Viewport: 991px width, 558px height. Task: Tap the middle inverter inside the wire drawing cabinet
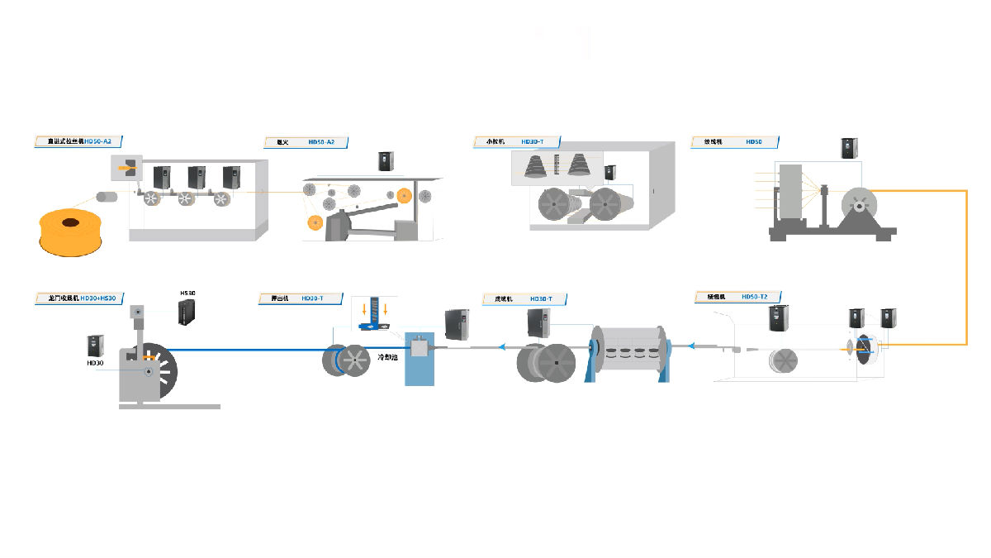(197, 178)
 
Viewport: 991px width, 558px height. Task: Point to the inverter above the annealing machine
(386, 161)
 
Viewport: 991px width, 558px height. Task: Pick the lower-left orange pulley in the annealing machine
(315, 222)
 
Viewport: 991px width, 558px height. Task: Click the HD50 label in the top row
(753, 142)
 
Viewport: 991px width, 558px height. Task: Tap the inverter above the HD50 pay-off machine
(851, 148)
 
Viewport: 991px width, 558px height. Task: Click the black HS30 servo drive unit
(188, 312)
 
